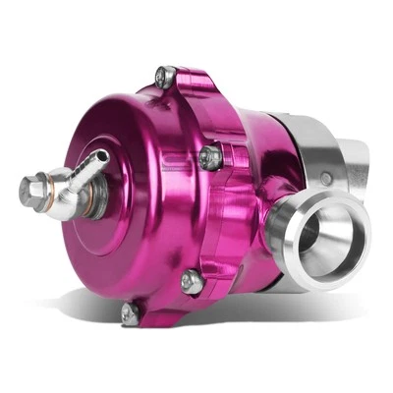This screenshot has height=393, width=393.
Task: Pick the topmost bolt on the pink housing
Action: click(x=167, y=77)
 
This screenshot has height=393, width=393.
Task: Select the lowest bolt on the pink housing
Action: click(x=128, y=312)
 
